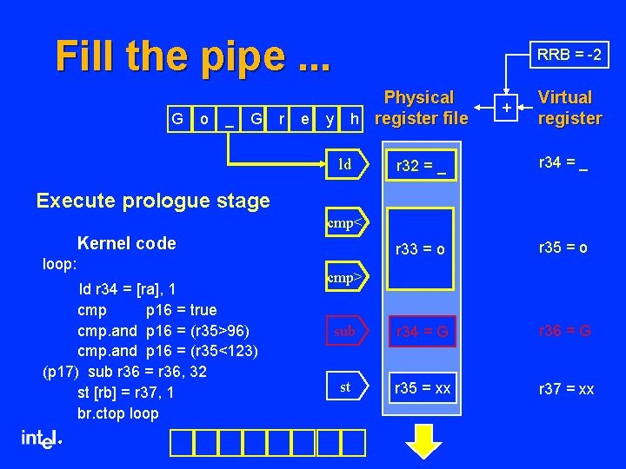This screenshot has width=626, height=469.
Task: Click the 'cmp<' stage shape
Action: point(346,223)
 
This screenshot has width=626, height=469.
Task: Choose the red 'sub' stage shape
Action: point(346,331)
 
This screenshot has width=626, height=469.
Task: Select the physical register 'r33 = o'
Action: point(421,249)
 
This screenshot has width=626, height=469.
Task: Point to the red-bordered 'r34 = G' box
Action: point(422,331)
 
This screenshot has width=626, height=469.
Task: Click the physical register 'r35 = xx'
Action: point(422,388)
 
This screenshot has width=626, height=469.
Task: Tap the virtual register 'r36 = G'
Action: point(565,331)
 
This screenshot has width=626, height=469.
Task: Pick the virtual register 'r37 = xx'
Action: point(566,389)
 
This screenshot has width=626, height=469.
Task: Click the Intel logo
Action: point(42,439)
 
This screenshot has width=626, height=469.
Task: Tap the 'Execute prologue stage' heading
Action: point(153,201)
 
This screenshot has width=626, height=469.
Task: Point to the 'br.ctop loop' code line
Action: point(117,413)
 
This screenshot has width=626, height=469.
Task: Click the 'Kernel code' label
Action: point(126,243)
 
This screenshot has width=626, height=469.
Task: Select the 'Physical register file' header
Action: point(419,108)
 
